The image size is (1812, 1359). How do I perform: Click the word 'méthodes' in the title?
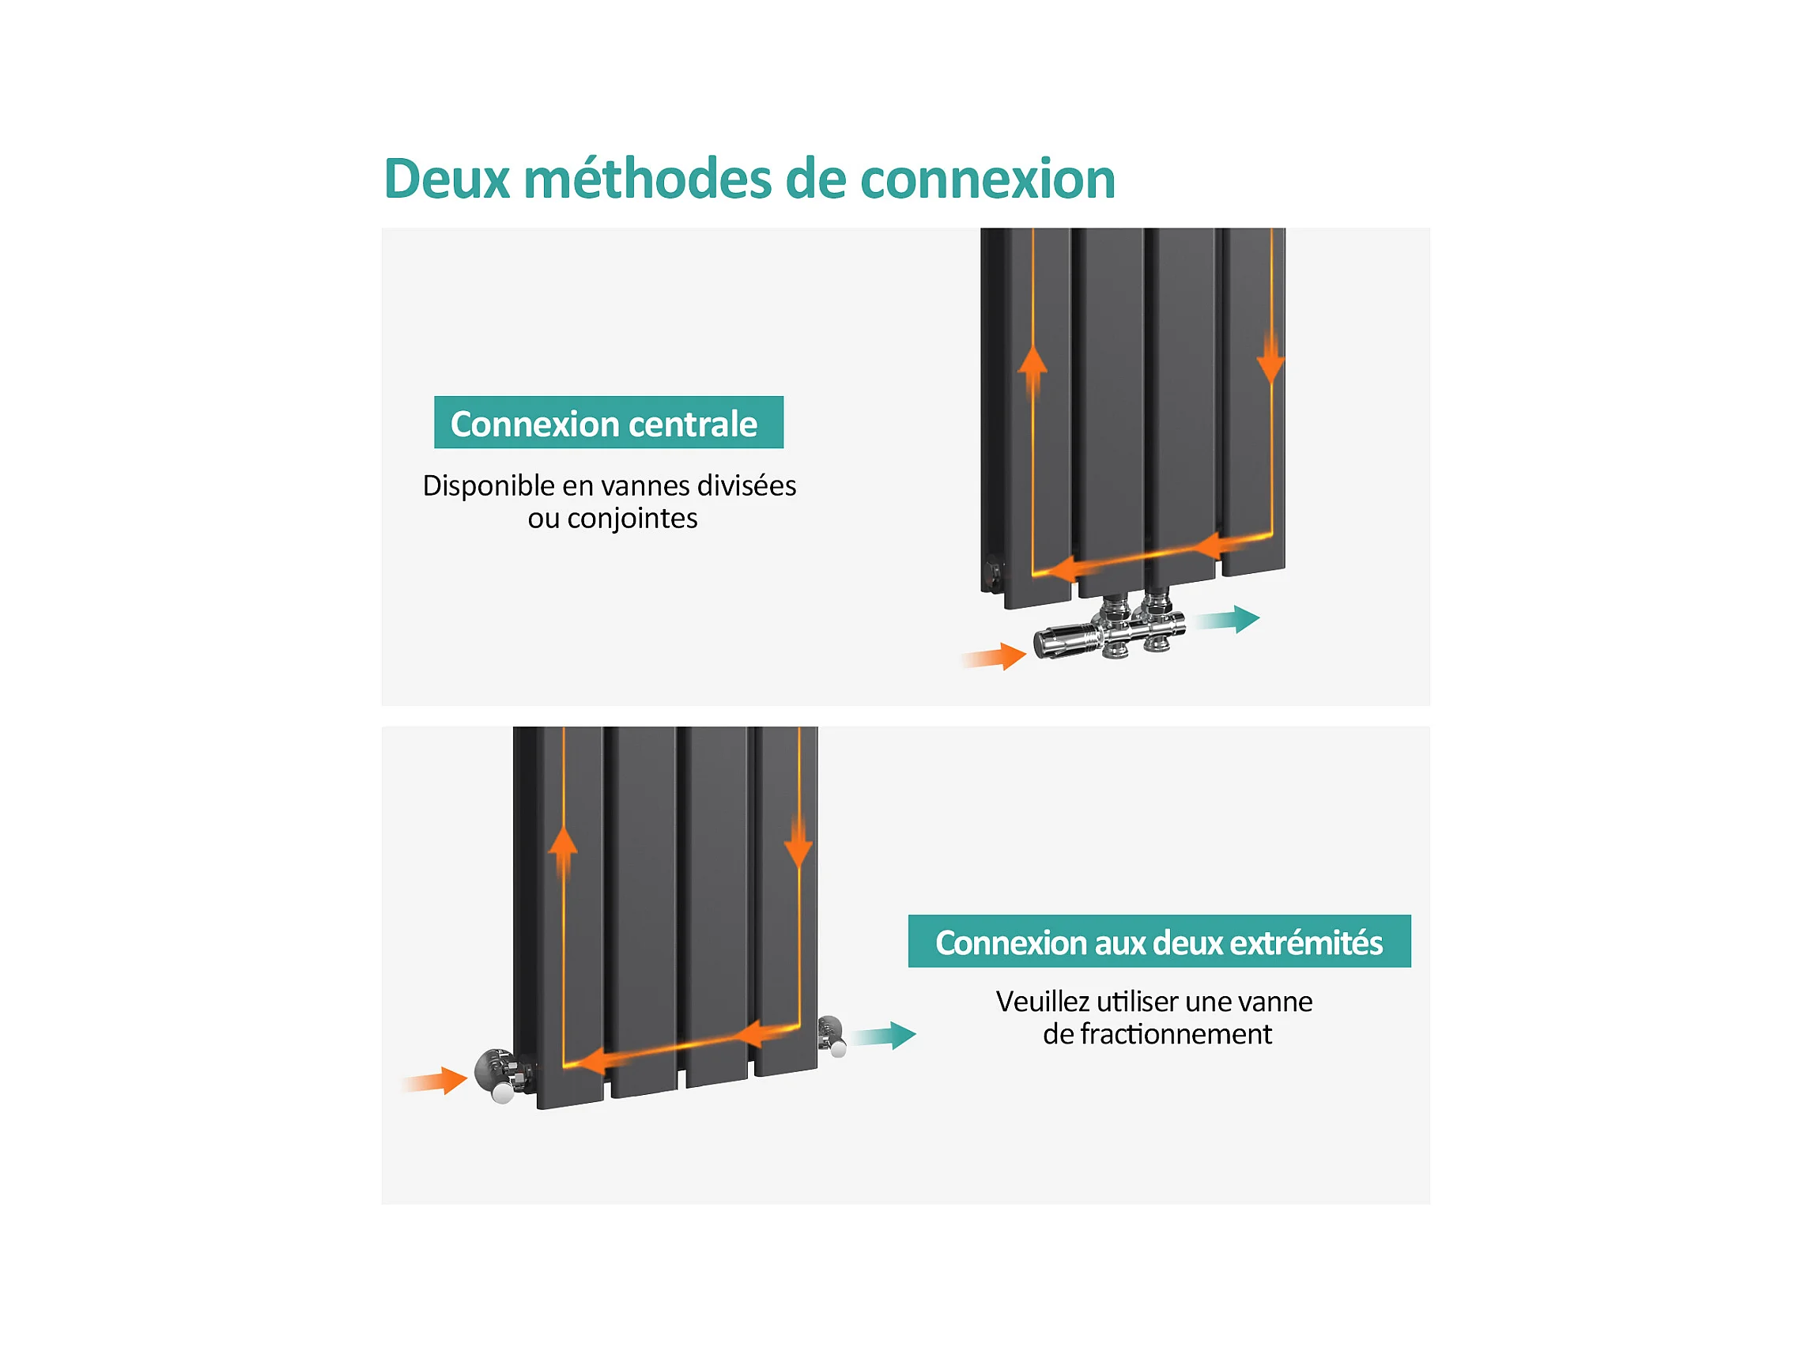click(x=647, y=179)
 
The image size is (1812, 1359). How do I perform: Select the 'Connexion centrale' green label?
click(x=608, y=423)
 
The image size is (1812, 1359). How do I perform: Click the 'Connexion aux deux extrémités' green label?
click(x=1159, y=942)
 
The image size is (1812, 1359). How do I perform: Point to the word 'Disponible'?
click(x=489, y=485)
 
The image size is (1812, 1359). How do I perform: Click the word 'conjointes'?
click(x=632, y=519)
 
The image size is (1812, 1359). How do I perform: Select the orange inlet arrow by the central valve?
click(x=995, y=656)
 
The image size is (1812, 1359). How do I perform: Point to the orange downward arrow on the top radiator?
click(x=1270, y=360)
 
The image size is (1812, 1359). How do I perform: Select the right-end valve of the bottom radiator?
click(x=832, y=1035)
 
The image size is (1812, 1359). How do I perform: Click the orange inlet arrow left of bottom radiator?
click(x=437, y=1081)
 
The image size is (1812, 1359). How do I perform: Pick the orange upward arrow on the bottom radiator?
click(x=563, y=852)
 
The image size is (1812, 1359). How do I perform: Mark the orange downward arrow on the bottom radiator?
click(x=798, y=843)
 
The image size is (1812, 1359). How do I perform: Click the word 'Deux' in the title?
click(x=447, y=179)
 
